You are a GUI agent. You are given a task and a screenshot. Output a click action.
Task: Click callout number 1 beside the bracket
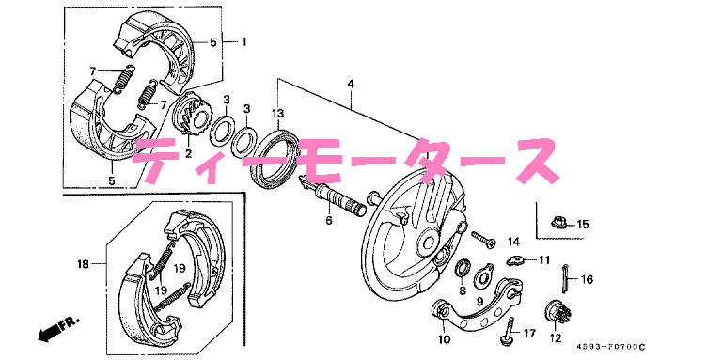243,42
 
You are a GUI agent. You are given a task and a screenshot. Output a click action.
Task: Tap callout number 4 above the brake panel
350,86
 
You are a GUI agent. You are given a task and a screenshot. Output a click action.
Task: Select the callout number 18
83,265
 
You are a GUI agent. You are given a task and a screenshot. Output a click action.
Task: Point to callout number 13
277,115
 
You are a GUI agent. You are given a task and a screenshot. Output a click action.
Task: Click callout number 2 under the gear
188,153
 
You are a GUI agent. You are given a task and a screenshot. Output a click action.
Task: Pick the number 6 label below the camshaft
329,221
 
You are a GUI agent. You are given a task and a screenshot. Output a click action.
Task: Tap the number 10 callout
445,339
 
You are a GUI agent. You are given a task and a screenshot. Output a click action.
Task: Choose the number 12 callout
556,337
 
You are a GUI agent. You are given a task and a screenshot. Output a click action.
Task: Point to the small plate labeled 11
514,259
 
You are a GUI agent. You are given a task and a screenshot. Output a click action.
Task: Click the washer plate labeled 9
482,276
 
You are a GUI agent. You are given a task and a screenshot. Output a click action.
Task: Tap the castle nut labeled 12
554,312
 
